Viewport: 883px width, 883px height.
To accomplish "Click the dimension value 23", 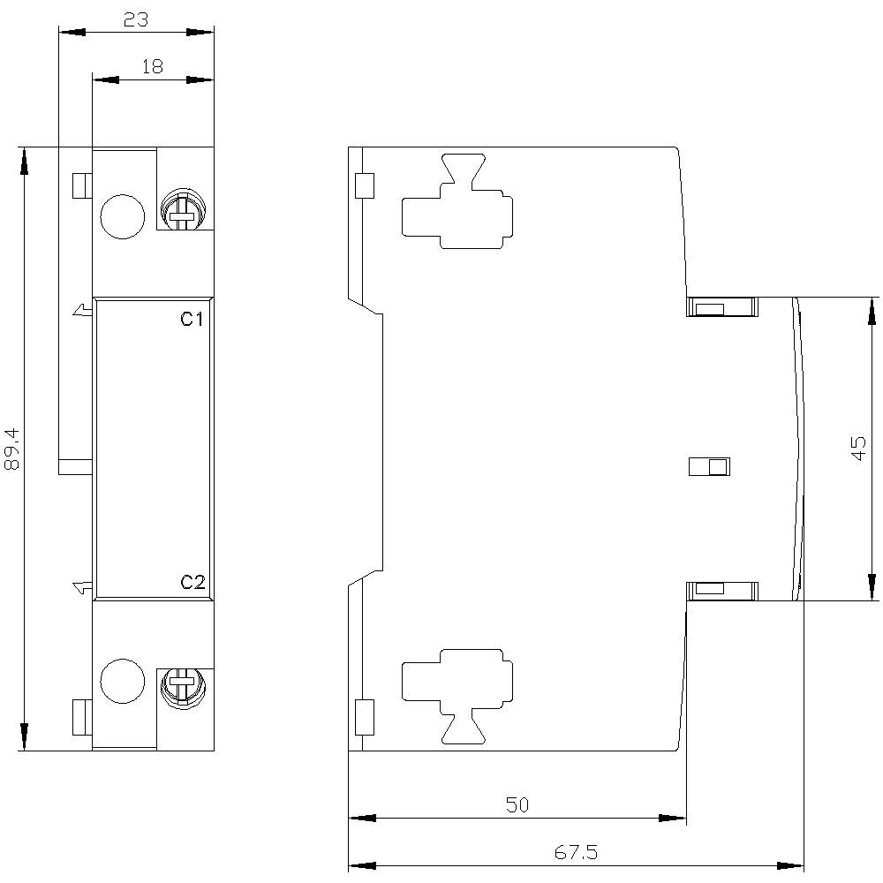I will click(135, 19).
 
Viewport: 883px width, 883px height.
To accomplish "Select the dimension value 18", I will click(152, 67).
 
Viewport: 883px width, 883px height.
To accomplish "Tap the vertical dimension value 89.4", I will click(11, 449).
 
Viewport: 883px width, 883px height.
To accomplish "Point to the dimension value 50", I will click(517, 804).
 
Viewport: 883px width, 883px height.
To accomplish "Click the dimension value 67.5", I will click(576, 852).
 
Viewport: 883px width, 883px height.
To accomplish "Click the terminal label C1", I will click(192, 320).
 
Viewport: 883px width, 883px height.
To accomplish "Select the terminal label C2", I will click(192, 582).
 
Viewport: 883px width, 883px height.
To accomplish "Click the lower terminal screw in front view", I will click(183, 685).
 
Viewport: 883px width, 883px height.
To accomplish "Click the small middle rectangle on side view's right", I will click(709, 466).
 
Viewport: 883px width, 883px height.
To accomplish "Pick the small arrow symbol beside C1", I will click(80, 310).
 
